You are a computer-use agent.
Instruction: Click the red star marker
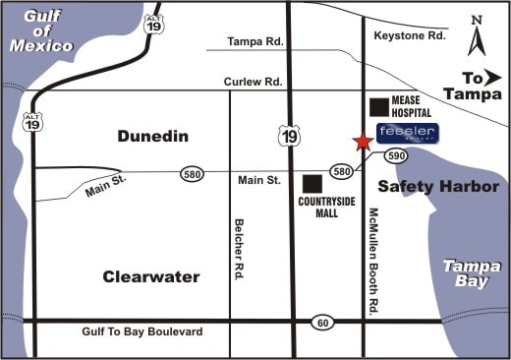tap(363, 142)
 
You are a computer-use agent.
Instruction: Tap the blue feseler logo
tap(407, 133)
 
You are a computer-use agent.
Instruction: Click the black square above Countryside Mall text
tap(312, 184)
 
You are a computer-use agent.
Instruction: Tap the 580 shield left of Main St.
tap(193, 173)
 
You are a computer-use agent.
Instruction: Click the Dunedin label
tap(152, 137)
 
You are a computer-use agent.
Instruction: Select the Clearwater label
tap(151, 276)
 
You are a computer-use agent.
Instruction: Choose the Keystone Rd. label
tap(411, 35)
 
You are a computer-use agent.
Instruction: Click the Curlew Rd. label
tap(255, 82)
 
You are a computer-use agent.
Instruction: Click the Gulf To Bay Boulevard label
tap(143, 332)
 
